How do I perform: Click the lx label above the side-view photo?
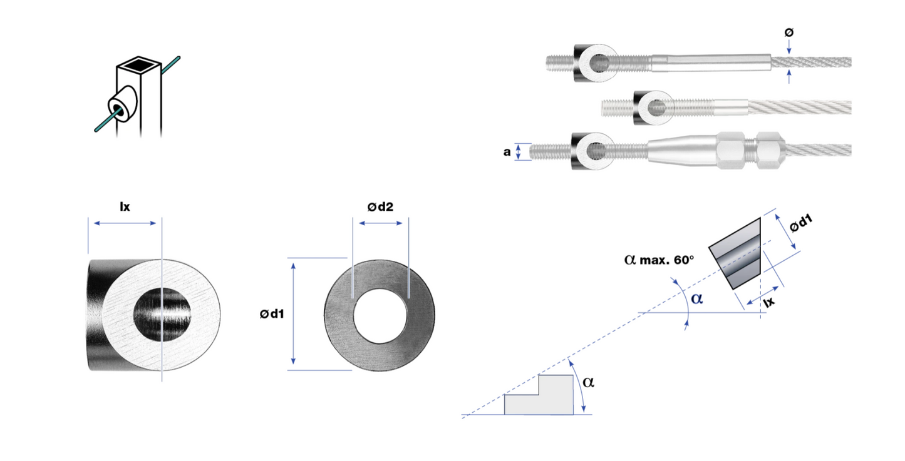(x=125, y=206)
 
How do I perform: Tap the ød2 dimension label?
(x=380, y=206)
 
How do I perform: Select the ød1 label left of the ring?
(x=272, y=313)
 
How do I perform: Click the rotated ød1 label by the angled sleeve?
(x=801, y=224)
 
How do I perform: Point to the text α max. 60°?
(x=659, y=260)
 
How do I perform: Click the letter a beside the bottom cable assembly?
(x=507, y=152)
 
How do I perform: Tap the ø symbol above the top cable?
(x=789, y=33)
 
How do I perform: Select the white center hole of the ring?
(x=380, y=316)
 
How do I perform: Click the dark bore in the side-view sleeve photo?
(x=162, y=315)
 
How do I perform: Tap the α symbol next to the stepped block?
(x=588, y=382)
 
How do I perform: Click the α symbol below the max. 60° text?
(x=697, y=299)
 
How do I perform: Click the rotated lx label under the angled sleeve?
(x=769, y=301)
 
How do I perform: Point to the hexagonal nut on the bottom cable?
(x=731, y=150)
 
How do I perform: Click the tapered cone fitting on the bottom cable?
(x=682, y=150)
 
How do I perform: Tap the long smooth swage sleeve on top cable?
(x=710, y=63)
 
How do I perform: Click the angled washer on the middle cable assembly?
(x=653, y=108)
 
